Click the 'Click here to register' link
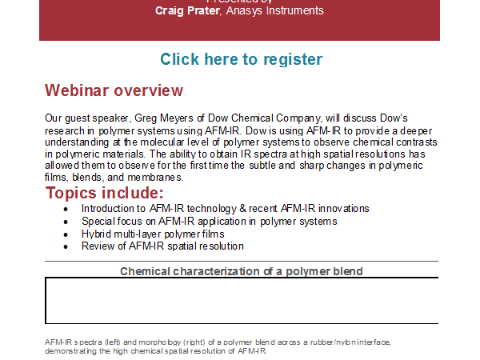pyautogui.click(x=242, y=59)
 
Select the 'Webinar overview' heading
pyautogui.click(x=114, y=90)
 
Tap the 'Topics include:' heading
pyautogui.click(x=104, y=193)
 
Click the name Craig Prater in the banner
pyautogui.click(x=187, y=10)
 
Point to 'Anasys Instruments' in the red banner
pyautogui.click(x=274, y=10)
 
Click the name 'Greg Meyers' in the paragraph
pyautogui.click(x=164, y=118)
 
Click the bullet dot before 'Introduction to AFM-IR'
pyautogui.click(x=66, y=210)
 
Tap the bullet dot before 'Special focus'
pyautogui.click(x=66, y=222)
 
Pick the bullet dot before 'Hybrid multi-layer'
pyautogui.click(x=66, y=234)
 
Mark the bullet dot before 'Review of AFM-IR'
pyautogui.click(x=66, y=246)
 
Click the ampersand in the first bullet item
pyautogui.click(x=242, y=209)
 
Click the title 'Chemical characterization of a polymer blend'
pyautogui.click(x=242, y=271)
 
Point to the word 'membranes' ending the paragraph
pyautogui.click(x=155, y=178)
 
